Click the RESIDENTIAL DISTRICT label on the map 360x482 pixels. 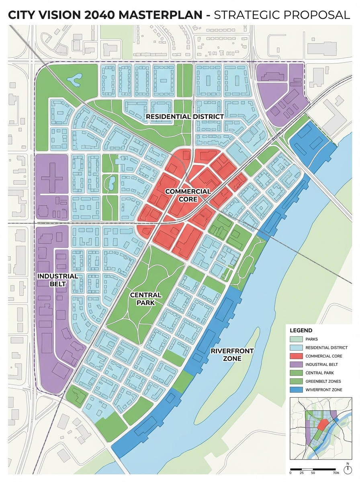184,116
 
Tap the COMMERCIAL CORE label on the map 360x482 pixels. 188,195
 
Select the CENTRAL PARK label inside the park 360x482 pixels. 146,299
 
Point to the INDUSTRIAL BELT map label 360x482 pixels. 57,280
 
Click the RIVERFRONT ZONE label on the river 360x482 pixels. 232,355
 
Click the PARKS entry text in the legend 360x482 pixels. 312,339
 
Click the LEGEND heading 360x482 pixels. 301,330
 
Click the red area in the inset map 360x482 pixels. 322,425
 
